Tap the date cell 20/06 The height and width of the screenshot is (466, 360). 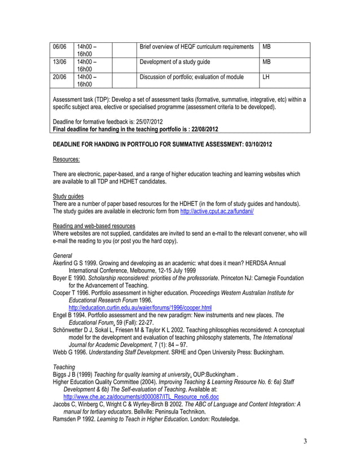tap(59, 77)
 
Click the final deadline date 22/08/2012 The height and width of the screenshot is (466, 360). tap(200, 129)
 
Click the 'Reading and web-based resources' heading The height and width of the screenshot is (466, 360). tap(94, 226)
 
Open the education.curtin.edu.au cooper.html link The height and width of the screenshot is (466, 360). tap(139, 308)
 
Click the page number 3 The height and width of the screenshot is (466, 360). tap(305, 441)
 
